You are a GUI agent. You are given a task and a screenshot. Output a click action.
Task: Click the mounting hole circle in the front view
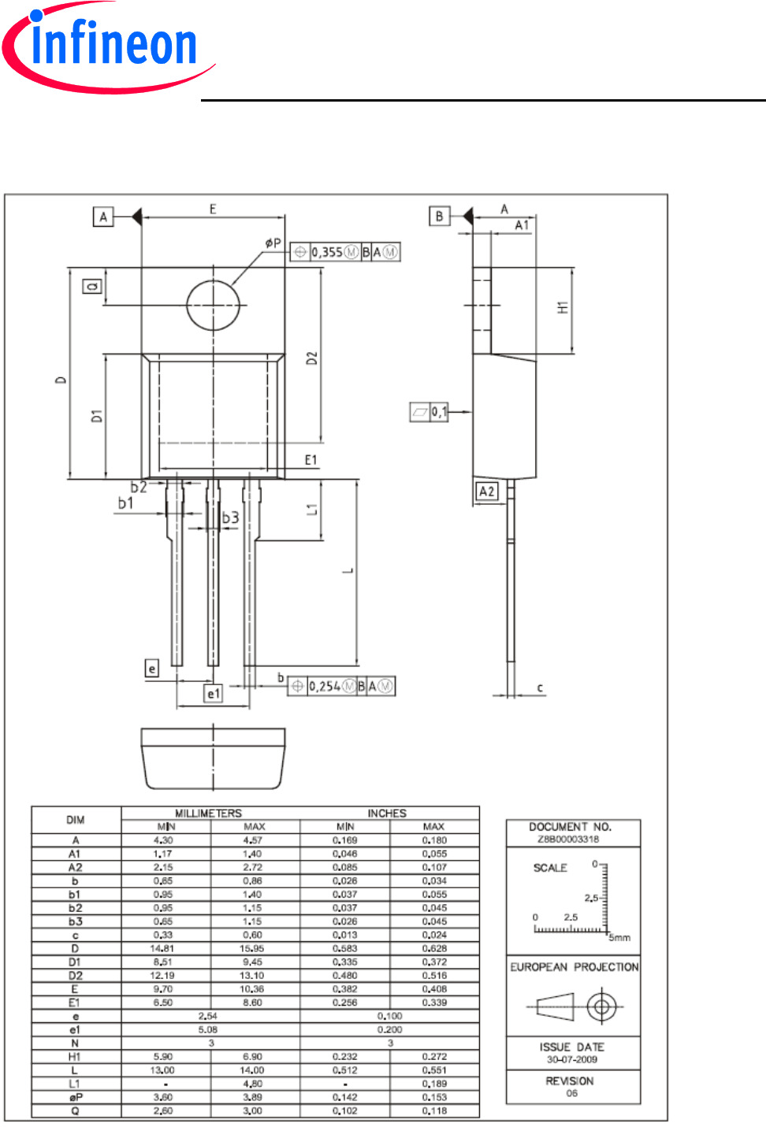coord(213,305)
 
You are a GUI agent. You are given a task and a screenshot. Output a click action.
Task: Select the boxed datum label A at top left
coord(103,217)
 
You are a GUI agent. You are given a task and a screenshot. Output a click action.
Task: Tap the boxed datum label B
coord(439,216)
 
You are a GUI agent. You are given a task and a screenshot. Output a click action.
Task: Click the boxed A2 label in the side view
coord(487,491)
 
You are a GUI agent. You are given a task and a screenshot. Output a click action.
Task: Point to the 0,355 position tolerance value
coord(326,252)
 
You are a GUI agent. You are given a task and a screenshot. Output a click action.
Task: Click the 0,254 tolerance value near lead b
coord(324,686)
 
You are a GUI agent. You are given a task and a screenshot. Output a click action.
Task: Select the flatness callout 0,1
coord(439,412)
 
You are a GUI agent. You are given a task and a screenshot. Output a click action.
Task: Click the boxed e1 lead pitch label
coord(214,693)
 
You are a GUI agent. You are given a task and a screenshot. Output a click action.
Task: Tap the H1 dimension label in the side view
coord(563,308)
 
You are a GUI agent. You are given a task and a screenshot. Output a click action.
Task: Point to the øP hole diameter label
coord(273,243)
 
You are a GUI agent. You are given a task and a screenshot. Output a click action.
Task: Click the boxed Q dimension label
coord(93,287)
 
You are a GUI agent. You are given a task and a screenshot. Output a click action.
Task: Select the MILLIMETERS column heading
coord(209,814)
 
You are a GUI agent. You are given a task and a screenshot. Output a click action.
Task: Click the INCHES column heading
coord(387,814)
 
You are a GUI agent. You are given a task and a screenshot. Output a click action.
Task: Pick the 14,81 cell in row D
coord(162,948)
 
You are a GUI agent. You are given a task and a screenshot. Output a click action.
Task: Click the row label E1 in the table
coord(75,1003)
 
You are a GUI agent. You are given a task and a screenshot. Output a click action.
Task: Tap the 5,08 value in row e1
coord(208,1029)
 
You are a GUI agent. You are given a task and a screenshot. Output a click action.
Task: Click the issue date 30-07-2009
coord(572,1059)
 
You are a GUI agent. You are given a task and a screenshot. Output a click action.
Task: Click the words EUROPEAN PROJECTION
coord(574,967)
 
